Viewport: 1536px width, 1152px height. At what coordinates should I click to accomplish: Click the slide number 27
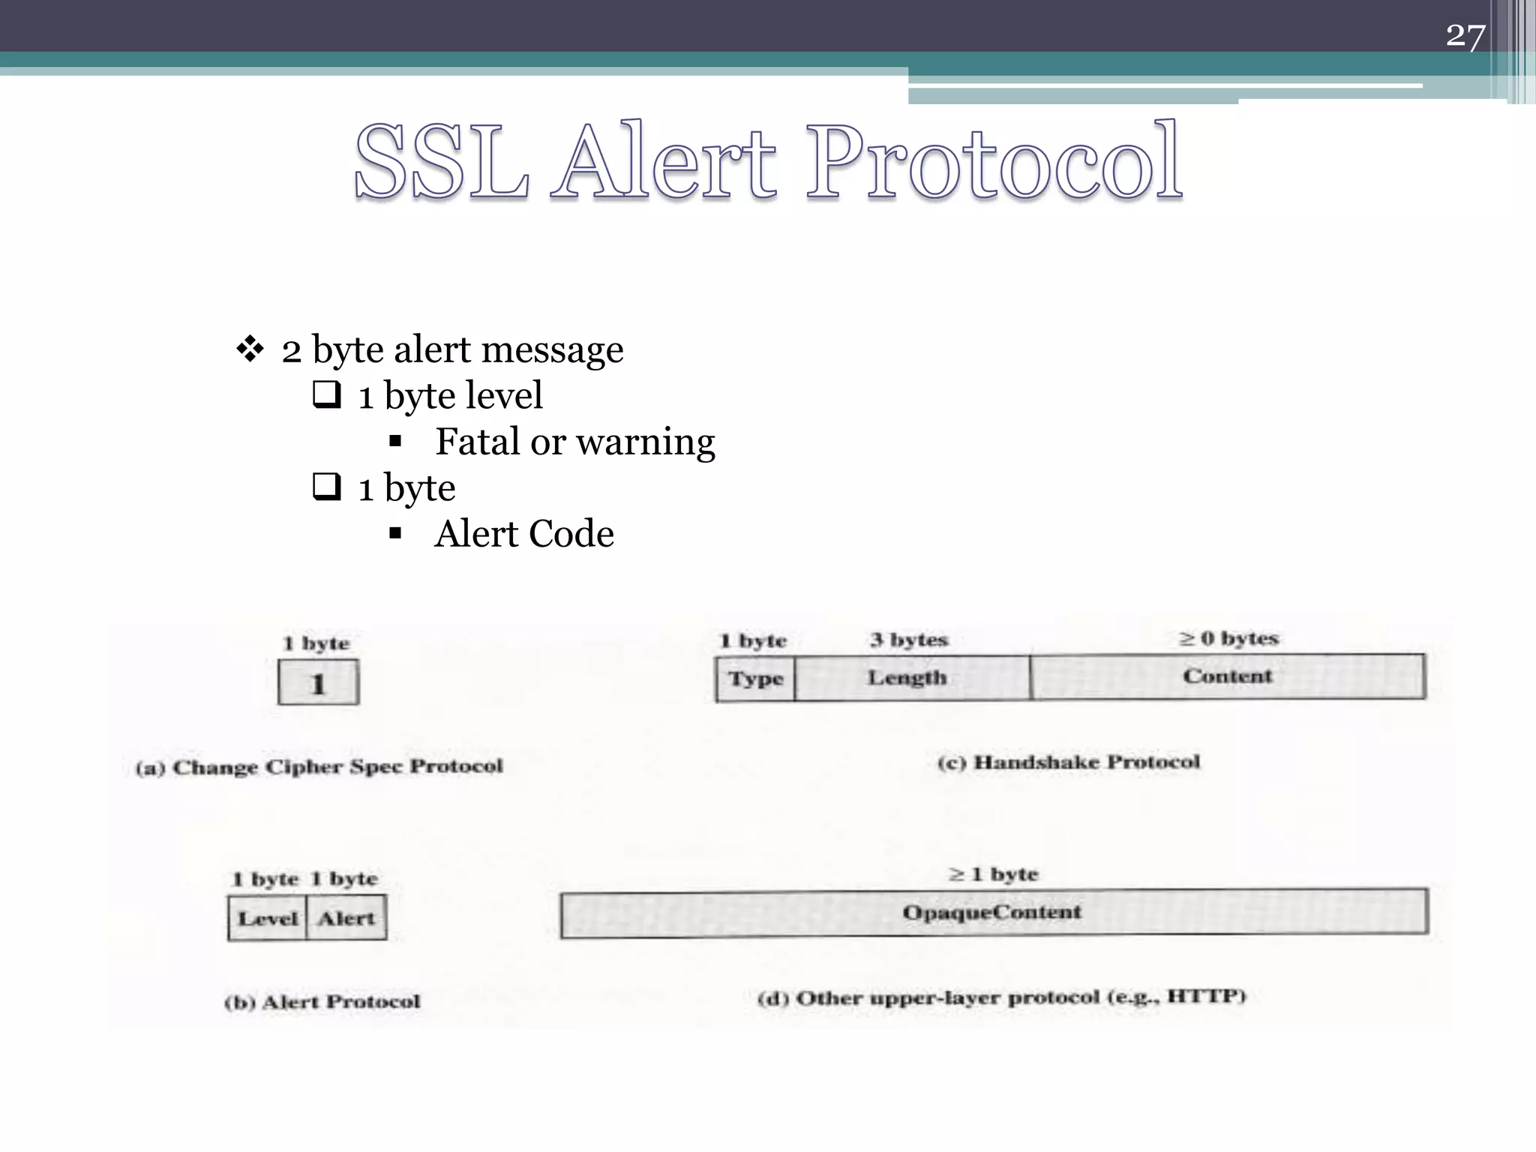click(1465, 35)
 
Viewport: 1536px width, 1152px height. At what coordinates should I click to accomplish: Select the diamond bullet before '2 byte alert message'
click(250, 349)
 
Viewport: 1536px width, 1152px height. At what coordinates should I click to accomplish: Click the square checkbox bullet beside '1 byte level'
click(327, 394)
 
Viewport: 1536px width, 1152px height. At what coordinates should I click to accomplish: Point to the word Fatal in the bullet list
click(477, 441)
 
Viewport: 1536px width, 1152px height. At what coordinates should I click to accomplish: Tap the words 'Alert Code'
click(524, 534)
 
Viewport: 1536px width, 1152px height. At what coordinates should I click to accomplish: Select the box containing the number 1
click(318, 682)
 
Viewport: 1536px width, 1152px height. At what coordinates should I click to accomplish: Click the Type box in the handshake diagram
click(755, 679)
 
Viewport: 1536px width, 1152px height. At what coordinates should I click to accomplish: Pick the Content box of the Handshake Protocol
click(1228, 676)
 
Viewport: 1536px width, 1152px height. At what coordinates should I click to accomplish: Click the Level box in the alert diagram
click(268, 918)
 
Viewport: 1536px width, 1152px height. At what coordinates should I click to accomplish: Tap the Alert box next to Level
click(346, 918)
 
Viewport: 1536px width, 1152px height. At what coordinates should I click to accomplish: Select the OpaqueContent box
click(993, 913)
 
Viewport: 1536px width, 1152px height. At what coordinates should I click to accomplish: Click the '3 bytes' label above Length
click(909, 640)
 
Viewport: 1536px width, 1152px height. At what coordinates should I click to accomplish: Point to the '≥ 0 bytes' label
click(1228, 638)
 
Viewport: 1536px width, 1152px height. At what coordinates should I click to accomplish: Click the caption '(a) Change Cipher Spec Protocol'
click(319, 767)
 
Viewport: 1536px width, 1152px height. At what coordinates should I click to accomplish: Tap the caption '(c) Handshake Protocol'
click(1069, 763)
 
